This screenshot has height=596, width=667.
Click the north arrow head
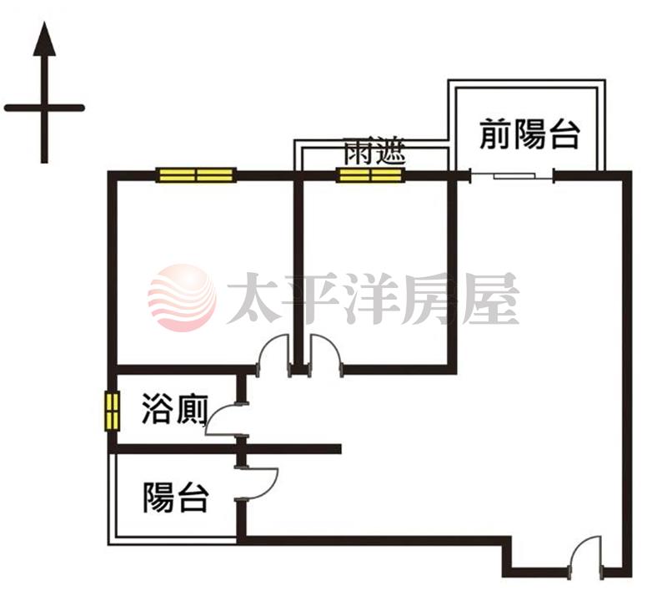point(44,39)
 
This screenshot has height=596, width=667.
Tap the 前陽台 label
point(529,134)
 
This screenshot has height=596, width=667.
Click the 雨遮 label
point(374,151)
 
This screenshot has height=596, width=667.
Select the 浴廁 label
point(175,409)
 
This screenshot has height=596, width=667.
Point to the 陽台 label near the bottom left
point(176,498)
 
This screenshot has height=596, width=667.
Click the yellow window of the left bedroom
point(196,175)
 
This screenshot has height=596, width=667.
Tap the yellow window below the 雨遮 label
point(369,175)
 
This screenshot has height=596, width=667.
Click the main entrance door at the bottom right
point(586,557)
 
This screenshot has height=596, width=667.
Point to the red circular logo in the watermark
point(182,297)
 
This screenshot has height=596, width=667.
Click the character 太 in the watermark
point(253,298)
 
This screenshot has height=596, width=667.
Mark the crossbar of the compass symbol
point(44,109)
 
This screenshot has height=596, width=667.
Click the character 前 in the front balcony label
point(495,134)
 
